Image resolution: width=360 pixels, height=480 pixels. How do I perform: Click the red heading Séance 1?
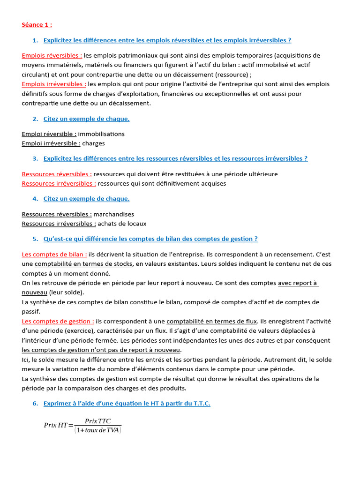pyautogui.click(x=37, y=24)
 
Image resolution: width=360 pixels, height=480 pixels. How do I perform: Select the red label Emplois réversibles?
pyautogui.click(x=52, y=55)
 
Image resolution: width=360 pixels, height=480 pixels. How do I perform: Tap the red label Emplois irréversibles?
pyautogui.click(x=53, y=84)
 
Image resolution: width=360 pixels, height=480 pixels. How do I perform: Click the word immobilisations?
pyautogui.click(x=101, y=134)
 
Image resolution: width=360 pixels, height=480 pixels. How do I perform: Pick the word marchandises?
pyautogui.click(x=114, y=214)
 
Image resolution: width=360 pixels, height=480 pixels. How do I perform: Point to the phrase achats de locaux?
pyautogui.click(x=122, y=224)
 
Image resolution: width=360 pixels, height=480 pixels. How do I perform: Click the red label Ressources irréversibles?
pyautogui.click(x=59, y=183)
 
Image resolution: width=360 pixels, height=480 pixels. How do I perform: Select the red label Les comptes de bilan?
pyautogui.click(x=54, y=254)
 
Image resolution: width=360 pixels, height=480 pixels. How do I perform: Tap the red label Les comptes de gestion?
pyautogui.click(x=58, y=321)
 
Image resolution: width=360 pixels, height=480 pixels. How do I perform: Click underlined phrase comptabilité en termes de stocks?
pyautogui.click(x=83, y=264)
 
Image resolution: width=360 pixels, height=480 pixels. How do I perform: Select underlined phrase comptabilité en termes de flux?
pyautogui.click(x=211, y=321)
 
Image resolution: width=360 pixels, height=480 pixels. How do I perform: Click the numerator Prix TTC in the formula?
pyautogui.click(x=97, y=421)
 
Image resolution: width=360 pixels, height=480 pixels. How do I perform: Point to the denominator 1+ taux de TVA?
pyautogui.click(x=97, y=430)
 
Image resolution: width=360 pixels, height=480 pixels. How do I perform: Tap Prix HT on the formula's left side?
pyautogui.click(x=55, y=425)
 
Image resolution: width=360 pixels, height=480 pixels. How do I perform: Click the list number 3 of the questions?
pyautogui.click(x=35, y=158)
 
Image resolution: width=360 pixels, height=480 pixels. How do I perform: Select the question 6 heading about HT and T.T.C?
pyautogui.click(x=127, y=403)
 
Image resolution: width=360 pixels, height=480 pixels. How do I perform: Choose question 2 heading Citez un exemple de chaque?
pyautogui.click(x=86, y=119)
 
